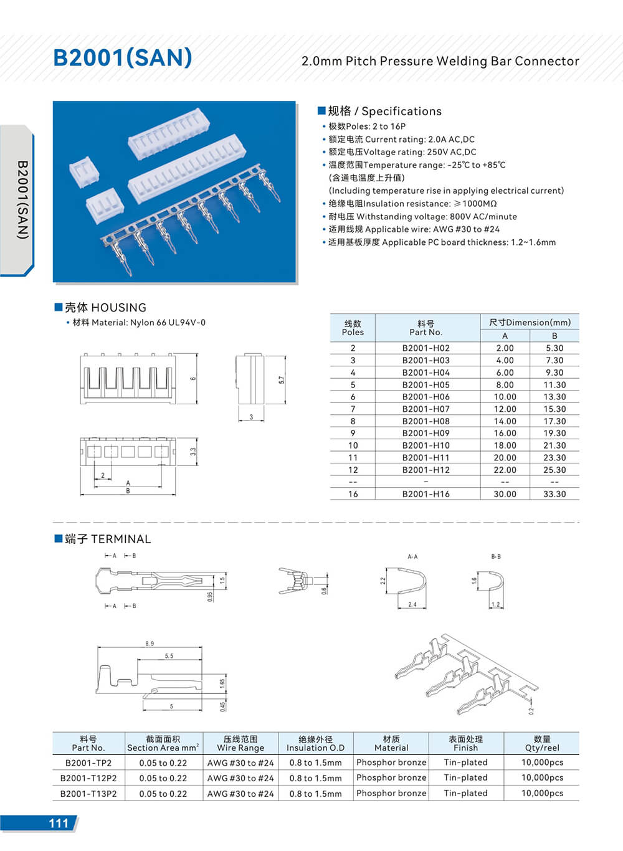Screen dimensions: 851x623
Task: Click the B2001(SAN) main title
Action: (123, 58)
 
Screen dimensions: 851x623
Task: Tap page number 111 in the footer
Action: (58, 823)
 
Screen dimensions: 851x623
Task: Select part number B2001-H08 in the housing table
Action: (426, 421)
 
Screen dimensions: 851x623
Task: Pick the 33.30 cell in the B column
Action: (554, 494)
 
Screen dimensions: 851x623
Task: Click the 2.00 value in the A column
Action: (505, 348)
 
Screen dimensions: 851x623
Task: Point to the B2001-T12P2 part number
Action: (88, 778)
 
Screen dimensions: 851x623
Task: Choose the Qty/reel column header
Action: (542, 743)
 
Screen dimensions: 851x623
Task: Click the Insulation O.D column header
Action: (315, 743)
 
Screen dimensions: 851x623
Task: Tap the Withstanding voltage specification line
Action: (422, 217)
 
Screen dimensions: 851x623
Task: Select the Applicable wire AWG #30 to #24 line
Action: (414, 229)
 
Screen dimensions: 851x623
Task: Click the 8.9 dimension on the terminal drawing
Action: (150, 644)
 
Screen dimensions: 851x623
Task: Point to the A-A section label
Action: (412, 556)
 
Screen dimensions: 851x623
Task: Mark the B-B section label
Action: (496, 556)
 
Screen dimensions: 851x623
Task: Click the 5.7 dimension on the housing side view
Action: (282, 379)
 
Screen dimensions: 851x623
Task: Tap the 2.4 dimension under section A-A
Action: (412, 604)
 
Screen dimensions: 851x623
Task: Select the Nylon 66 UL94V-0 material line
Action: (138, 323)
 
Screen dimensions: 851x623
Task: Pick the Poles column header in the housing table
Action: (353, 328)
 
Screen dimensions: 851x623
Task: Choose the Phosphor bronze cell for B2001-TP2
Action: (391, 763)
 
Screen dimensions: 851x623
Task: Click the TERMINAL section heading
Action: (107, 539)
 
